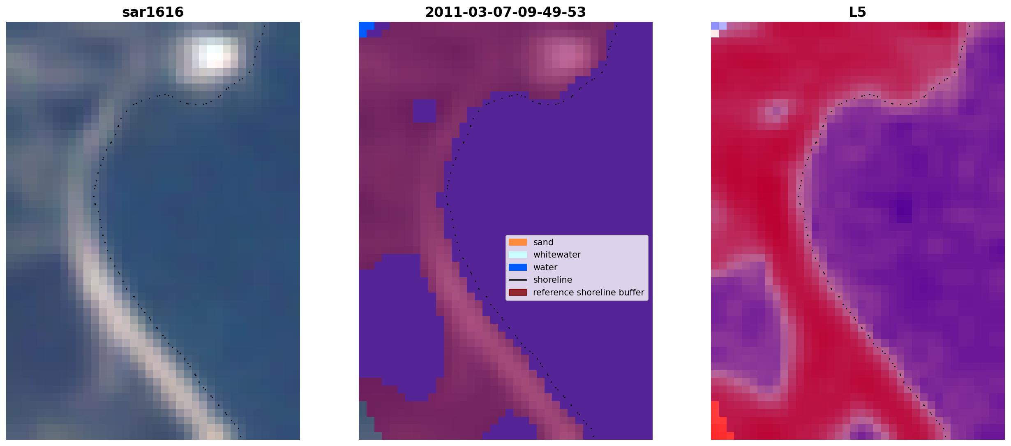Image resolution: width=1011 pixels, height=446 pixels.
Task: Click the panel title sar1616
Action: click(153, 12)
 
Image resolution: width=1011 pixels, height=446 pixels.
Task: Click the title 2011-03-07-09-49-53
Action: click(505, 12)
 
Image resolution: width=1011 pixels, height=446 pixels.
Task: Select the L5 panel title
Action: click(858, 12)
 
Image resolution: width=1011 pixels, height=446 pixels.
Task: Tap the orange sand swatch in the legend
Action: click(518, 242)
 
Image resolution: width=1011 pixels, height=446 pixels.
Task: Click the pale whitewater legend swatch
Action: click(518, 255)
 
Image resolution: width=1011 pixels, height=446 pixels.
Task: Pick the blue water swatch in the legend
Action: click(518, 267)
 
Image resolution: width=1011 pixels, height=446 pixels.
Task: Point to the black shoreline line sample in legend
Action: click(518, 280)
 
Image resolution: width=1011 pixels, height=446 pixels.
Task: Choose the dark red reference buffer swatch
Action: click(518, 293)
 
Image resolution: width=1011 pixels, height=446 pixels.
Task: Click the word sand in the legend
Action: click(543, 242)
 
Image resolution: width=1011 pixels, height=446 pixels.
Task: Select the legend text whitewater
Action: click(557, 255)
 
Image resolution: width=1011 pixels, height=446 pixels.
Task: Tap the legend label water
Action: click(545, 267)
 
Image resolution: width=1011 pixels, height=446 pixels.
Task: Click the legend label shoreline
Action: click(553, 280)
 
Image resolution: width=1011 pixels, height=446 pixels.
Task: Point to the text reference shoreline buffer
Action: click(589, 293)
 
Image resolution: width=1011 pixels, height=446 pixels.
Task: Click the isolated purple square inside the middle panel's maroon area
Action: click(424, 111)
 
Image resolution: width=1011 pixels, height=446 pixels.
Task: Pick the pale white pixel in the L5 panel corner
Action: click(715, 33)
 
